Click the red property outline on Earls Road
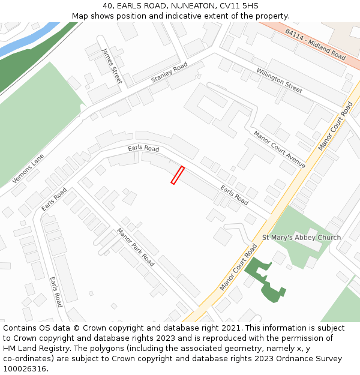177,175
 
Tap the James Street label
112,65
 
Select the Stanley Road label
169,72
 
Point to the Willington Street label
279,80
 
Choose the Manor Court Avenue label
279,149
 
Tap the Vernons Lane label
28,169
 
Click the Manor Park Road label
136,247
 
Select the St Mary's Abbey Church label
301,238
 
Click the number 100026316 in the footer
25,369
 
